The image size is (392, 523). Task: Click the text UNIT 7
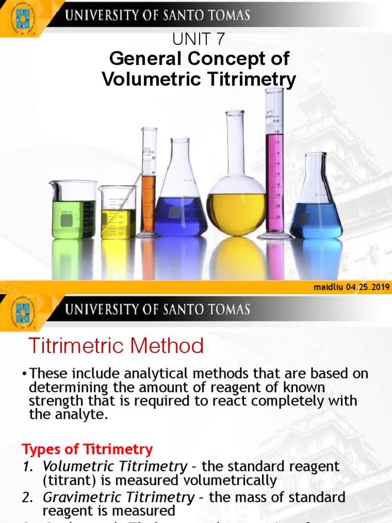point(199,39)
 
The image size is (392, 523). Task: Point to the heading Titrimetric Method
point(116,346)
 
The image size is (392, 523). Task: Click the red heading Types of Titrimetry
point(87,449)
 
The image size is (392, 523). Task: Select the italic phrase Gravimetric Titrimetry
point(118,497)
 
